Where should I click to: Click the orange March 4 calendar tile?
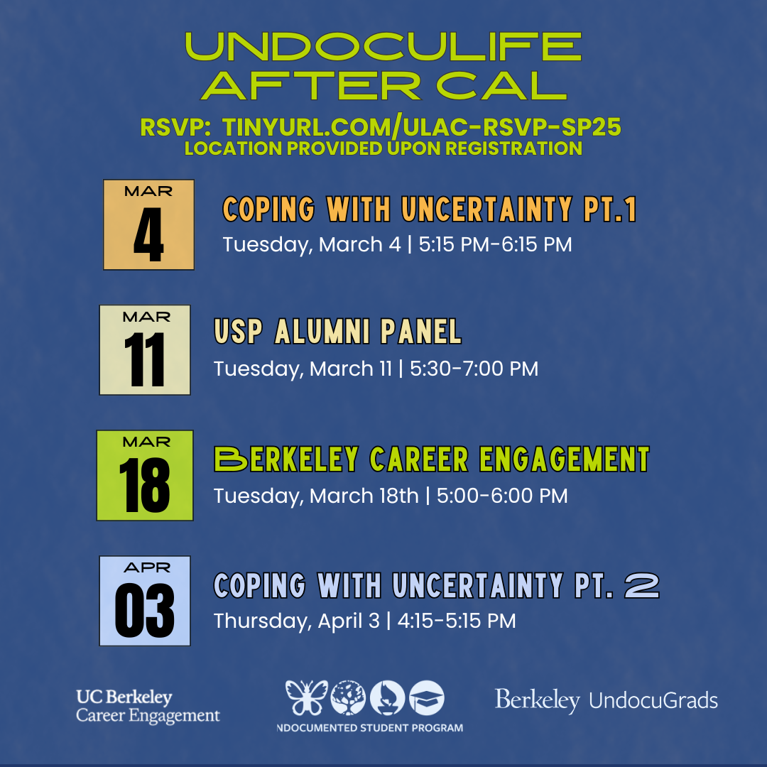click(x=148, y=224)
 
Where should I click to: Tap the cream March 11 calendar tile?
click(x=145, y=349)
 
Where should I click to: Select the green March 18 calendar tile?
click(x=145, y=475)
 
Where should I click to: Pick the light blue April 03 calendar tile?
click(x=145, y=601)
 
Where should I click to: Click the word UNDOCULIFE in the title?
click(x=383, y=46)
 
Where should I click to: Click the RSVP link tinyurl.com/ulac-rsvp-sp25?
click(x=422, y=127)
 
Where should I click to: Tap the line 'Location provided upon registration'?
click(x=383, y=148)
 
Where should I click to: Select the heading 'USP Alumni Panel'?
click(x=337, y=331)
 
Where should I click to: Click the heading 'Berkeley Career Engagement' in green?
click(x=432, y=459)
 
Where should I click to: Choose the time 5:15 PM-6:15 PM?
click(x=495, y=244)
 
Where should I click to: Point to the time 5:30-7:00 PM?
click(x=474, y=369)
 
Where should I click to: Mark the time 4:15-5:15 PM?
click(x=457, y=621)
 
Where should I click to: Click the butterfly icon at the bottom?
click(x=307, y=697)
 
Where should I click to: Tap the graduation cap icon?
click(x=427, y=698)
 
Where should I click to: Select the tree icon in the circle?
click(x=348, y=698)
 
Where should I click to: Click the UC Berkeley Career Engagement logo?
click(x=148, y=706)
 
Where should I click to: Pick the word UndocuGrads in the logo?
click(x=653, y=700)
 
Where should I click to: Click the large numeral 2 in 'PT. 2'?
click(x=642, y=586)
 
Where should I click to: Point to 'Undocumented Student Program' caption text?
click(x=370, y=728)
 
